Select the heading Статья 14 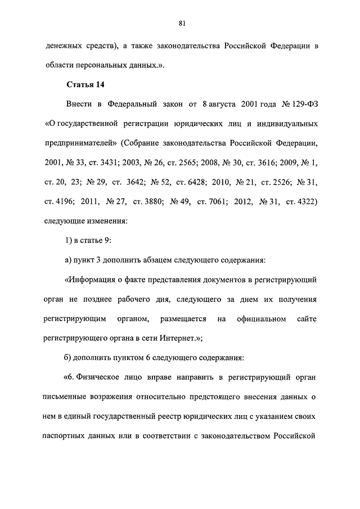coord(86,84)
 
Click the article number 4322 coord(304,201)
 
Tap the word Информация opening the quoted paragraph coord(92,280)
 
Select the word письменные coord(68,397)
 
